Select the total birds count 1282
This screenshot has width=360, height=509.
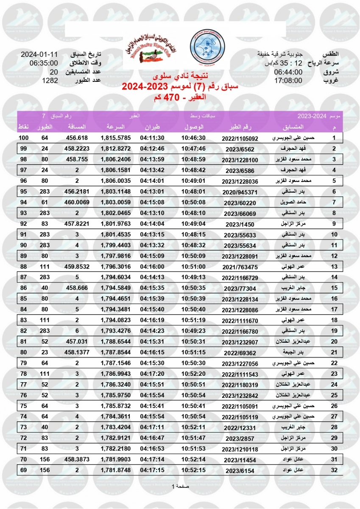50,80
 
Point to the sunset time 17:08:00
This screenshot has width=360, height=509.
288,80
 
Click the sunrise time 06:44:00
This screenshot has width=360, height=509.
288,72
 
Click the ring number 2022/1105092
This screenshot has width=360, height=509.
240,138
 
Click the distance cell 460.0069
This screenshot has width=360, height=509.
77,202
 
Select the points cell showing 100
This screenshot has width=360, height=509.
23,138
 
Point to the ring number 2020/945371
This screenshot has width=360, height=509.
240,192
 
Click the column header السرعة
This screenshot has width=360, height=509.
115,127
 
